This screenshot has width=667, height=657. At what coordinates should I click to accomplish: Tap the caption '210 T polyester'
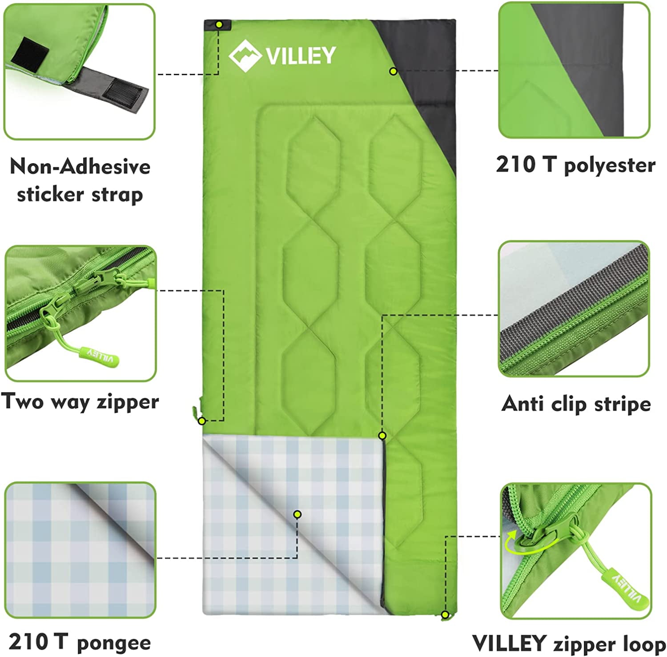tap(576, 165)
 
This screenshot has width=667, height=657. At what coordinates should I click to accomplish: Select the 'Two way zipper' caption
tap(80, 401)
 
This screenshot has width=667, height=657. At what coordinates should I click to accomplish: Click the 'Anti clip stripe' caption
tap(576, 404)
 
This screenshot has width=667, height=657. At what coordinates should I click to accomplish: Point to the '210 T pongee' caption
tap(80, 642)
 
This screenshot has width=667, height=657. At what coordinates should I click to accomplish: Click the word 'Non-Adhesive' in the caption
tap(80, 167)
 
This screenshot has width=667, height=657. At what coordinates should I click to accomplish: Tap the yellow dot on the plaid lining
tap(297, 514)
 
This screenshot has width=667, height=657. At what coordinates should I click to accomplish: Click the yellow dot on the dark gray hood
tap(393, 71)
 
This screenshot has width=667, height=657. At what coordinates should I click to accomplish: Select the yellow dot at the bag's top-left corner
tap(219, 25)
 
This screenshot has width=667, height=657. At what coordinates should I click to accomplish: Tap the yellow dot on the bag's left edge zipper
tap(201, 421)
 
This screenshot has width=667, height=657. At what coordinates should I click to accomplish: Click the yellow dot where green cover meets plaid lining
tap(382, 435)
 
